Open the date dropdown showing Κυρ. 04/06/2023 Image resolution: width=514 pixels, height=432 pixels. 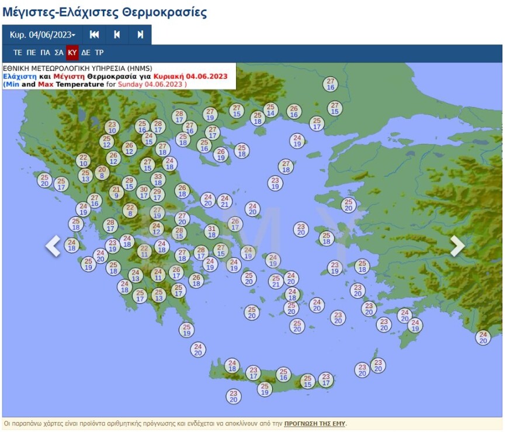[x=42, y=35]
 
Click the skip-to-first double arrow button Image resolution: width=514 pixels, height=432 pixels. [x=94, y=35]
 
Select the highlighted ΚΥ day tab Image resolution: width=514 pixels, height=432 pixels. [x=72, y=53]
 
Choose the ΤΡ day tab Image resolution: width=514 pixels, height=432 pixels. [x=99, y=53]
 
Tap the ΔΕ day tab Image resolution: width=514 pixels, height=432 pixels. [x=86, y=53]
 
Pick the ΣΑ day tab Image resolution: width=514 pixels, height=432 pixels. [x=59, y=53]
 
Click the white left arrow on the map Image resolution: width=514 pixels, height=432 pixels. [x=53, y=246]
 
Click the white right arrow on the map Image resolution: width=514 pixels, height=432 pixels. [x=457, y=246]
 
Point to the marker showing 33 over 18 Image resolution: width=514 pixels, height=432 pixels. [x=157, y=179]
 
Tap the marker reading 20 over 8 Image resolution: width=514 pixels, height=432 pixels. [x=102, y=172]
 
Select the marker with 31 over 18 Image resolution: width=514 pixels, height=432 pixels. [x=211, y=231]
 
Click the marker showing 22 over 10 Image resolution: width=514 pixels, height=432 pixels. [x=84, y=160]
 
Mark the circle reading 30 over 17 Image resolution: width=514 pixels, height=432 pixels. [x=143, y=192]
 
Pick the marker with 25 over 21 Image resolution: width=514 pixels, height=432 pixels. [x=276, y=281]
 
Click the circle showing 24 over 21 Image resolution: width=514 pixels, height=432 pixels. [x=224, y=201]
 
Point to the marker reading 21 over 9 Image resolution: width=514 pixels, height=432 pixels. [x=116, y=192]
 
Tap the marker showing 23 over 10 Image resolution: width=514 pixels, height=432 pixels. [x=112, y=127]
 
